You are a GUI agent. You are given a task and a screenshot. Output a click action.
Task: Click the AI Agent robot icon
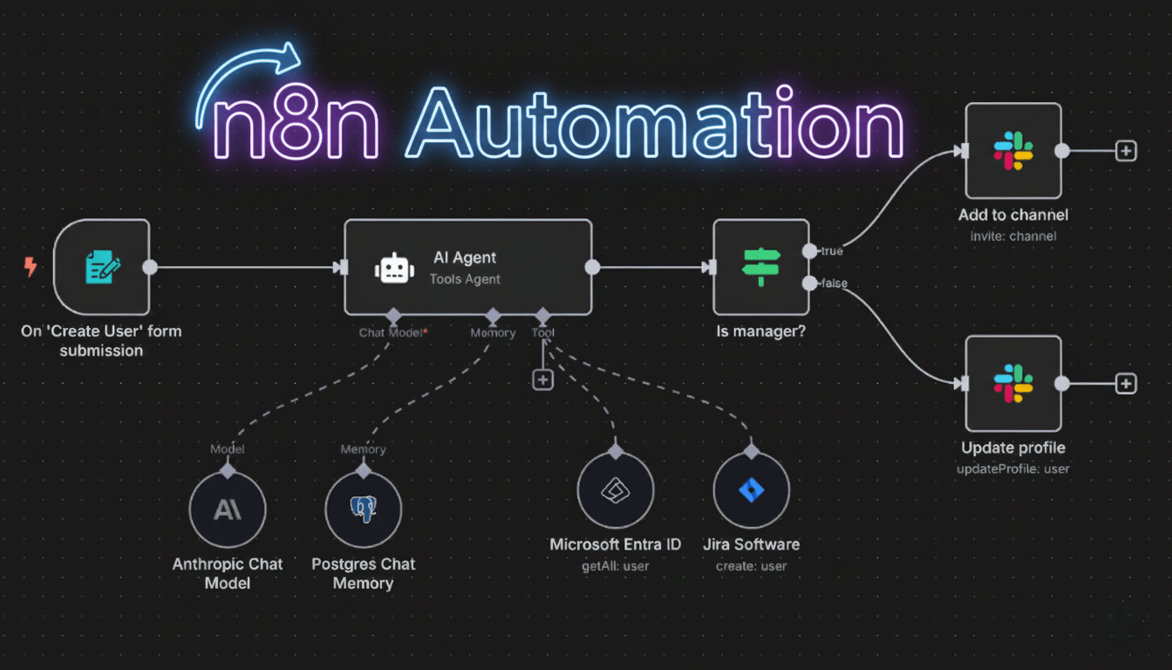(x=394, y=269)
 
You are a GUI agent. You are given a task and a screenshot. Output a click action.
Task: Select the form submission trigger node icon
(x=101, y=267)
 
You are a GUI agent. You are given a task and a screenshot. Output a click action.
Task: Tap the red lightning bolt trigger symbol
(x=31, y=267)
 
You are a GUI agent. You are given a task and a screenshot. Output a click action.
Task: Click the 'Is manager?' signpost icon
(x=761, y=267)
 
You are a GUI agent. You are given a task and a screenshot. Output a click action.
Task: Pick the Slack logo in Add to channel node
(x=1012, y=151)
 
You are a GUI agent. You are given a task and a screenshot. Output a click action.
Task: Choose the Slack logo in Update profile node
(x=1012, y=384)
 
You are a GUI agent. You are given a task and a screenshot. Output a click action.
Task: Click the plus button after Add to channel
(x=1126, y=151)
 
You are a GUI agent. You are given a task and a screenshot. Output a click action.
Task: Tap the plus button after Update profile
(x=1126, y=384)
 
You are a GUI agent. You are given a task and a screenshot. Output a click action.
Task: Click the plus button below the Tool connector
(x=543, y=379)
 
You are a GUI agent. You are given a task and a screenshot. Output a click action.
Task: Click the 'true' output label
(x=831, y=251)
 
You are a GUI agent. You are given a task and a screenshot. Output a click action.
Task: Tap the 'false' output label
(x=833, y=284)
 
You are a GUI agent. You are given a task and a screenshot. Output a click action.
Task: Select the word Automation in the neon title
(x=654, y=126)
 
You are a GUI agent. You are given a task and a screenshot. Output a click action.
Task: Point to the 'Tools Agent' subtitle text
(x=465, y=279)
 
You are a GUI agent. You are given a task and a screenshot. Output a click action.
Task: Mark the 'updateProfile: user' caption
(x=1012, y=468)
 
